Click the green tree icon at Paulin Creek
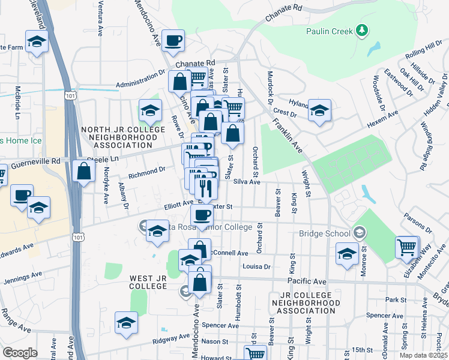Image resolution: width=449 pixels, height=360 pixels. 361,30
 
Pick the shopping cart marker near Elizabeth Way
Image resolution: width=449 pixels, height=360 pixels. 407,247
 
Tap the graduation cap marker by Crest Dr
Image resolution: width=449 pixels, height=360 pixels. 320,110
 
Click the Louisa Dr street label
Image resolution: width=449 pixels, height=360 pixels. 257,266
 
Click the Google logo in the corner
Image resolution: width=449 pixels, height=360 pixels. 20,352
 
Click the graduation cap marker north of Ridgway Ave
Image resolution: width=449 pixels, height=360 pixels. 126,322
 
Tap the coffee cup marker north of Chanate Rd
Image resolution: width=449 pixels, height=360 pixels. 173,40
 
